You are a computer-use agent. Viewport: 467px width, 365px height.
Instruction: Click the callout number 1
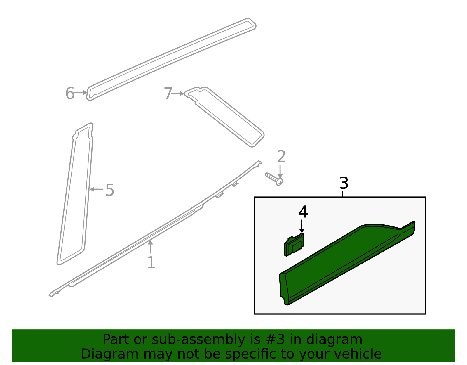[x=151, y=262]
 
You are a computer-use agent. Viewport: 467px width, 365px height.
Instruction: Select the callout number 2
[x=281, y=157]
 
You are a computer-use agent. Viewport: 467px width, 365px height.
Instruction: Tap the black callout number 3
[x=344, y=183]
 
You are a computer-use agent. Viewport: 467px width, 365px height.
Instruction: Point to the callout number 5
[x=109, y=190]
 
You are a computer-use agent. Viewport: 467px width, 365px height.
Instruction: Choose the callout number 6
[x=70, y=94]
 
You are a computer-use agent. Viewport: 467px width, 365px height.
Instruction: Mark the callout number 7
[x=168, y=94]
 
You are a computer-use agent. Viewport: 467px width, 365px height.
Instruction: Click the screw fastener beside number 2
[x=274, y=179]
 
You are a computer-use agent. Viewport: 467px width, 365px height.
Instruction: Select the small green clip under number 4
[x=294, y=245]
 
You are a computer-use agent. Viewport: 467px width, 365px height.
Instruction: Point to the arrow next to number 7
[x=177, y=94]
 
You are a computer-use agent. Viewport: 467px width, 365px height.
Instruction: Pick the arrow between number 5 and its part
[x=96, y=189]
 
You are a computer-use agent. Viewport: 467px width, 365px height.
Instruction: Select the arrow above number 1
[x=150, y=247]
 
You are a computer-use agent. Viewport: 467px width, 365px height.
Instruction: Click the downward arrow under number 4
[x=302, y=226]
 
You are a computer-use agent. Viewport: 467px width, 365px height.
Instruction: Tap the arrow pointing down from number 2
[x=280, y=172]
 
